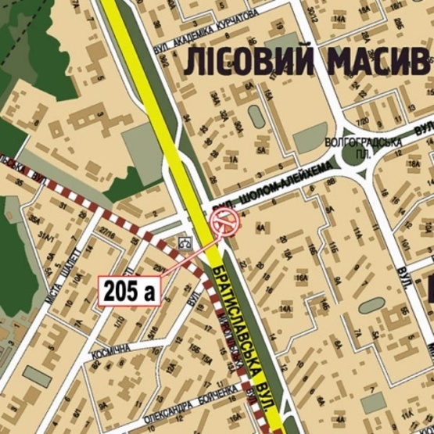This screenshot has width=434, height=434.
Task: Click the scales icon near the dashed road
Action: coord(185,242)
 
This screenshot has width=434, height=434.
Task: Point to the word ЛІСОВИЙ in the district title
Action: coord(249,62)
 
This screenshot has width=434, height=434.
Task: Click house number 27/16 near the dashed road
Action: coord(109,232)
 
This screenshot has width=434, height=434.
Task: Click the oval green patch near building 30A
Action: coord(256,116)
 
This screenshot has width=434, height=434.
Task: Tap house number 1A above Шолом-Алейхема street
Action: coord(232,160)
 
